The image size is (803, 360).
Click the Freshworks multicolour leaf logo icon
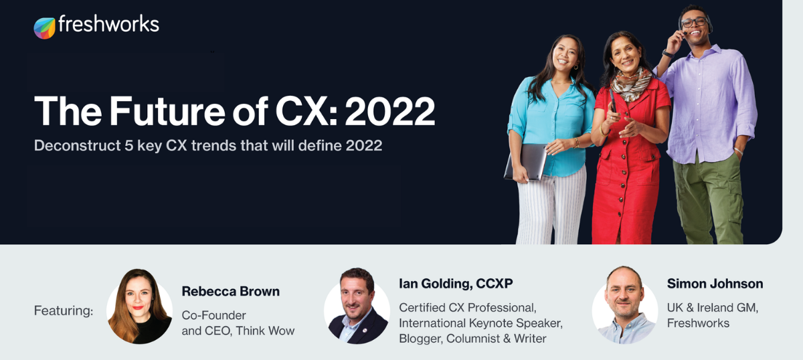click(x=44, y=28)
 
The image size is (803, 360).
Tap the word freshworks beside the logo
click(x=108, y=24)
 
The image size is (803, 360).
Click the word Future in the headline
click(x=167, y=111)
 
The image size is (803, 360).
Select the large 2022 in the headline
click(x=390, y=112)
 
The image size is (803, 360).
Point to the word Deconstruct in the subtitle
click(x=78, y=146)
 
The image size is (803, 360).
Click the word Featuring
click(x=64, y=310)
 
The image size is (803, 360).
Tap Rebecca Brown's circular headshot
click(x=139, y=306)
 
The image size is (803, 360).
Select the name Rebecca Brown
click(x=230, y=291)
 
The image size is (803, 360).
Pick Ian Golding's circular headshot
click(x=357, y=306)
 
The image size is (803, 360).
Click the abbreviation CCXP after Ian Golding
click(x=495, y=284)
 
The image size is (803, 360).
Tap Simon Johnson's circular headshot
click(x=625, y=305)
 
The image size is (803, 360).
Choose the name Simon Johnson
click(x=715, y=284)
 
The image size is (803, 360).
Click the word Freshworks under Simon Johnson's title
click(x=698, y=323)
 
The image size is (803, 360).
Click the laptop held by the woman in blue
click(x=525, y=162)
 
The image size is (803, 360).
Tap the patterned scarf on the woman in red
click(x=631, y=85)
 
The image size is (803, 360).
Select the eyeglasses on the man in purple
click(x=694, y=22)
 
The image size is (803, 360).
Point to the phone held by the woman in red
click(x=613, y=101)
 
